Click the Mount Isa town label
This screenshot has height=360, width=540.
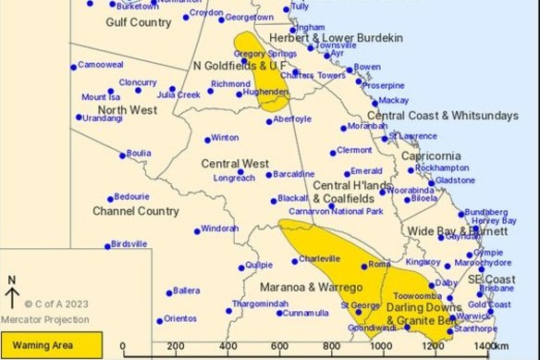click(x=101, y=97)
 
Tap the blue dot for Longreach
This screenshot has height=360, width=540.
click(x=239, y=171)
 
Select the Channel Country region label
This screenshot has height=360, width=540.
click(x=136, y=211)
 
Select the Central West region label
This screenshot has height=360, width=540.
click(x=234, y=163)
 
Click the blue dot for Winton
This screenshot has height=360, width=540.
click(x=208, y=140)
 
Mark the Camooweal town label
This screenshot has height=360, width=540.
click(x=101, y=65)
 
